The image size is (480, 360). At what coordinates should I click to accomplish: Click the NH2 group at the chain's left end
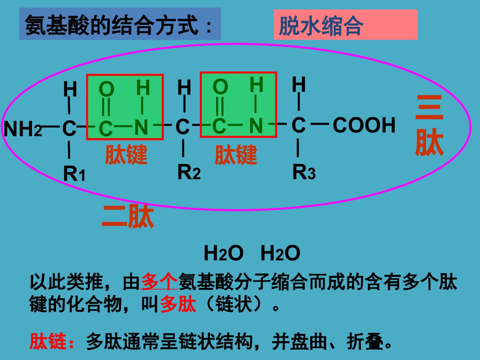23,129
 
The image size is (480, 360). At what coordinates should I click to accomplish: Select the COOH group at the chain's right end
364,125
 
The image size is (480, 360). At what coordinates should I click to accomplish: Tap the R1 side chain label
74,174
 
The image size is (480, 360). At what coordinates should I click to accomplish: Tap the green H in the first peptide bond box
143,87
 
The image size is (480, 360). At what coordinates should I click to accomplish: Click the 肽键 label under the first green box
126,154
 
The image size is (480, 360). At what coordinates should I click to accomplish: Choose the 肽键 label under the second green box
236,155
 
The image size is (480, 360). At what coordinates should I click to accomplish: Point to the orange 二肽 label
128,216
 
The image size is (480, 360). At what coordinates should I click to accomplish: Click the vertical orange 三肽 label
429,125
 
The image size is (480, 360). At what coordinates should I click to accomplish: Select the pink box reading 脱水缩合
346,24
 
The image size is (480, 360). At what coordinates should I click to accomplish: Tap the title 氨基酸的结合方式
112,25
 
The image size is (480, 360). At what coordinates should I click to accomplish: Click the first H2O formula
223,253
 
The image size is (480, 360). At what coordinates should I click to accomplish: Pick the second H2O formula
280,253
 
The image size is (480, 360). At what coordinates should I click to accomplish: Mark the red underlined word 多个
159,281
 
